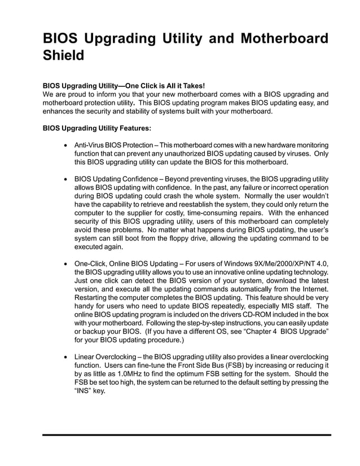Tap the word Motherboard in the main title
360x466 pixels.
tap(284, 39)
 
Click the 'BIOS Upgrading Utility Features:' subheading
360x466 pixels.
tap(97, 128)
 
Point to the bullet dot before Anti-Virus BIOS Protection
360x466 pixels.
tap(68, 146)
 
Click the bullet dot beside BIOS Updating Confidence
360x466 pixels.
tap(68, 179)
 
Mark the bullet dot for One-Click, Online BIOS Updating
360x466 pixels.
tap(68, 263)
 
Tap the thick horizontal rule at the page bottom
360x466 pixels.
tap(187, 435)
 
